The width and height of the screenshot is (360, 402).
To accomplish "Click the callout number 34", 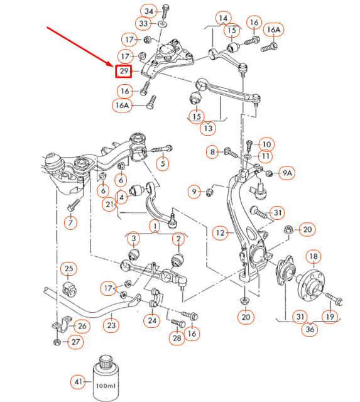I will tap(148, 12).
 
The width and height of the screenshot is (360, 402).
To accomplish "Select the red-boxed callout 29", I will tap(123, 72).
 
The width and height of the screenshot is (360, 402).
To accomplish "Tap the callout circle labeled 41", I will tap(79, 381).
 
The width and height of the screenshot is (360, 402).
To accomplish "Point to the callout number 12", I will tap(220, 233).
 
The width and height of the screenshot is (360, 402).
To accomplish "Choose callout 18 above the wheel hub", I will tap(313, 256).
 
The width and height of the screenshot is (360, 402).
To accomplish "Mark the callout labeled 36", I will tap(308, 329).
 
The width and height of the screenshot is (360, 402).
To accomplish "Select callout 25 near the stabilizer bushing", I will tap(68, 269).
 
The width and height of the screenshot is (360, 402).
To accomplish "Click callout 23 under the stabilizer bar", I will tap(111, 325).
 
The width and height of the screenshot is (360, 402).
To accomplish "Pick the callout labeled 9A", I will tap(287, 172).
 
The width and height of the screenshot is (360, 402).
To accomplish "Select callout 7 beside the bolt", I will tap(70, 222).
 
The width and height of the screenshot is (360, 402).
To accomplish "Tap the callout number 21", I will tap(111, 204).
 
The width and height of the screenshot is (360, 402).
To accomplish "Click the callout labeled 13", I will tap(207, 128).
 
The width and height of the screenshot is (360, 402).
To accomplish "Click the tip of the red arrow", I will tap(115, 65).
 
